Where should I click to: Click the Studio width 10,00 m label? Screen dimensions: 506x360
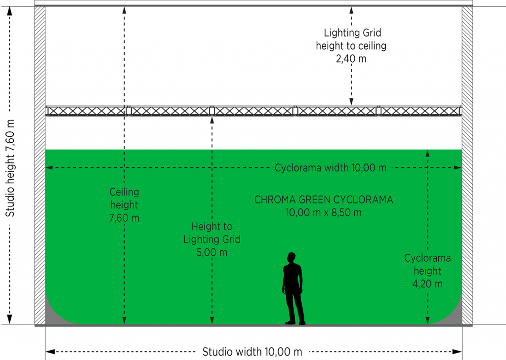252,352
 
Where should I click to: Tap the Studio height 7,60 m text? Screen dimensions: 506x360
10,168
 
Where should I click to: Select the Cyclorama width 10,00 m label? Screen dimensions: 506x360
331,168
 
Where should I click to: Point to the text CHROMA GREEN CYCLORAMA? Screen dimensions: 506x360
324,200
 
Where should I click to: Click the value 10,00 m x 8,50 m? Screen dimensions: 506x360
324,212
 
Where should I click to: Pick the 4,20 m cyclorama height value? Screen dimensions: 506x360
427,284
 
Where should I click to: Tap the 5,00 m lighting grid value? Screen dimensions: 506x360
212,252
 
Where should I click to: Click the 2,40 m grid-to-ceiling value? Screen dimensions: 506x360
351,59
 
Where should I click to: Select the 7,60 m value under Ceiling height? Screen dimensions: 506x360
124,218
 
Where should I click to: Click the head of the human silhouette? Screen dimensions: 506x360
292,258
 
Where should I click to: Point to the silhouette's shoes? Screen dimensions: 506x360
295,322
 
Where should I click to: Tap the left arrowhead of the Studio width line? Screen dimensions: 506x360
50,351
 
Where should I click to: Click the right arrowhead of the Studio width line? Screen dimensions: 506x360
457,351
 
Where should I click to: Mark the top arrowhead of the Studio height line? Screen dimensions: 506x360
10,11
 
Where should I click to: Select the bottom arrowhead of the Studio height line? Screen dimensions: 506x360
10,320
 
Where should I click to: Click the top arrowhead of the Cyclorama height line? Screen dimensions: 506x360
427,153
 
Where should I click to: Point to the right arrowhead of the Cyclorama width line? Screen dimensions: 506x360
458,168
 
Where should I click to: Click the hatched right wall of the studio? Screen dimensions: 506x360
467,165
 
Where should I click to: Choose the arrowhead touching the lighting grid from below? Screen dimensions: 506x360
212,120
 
